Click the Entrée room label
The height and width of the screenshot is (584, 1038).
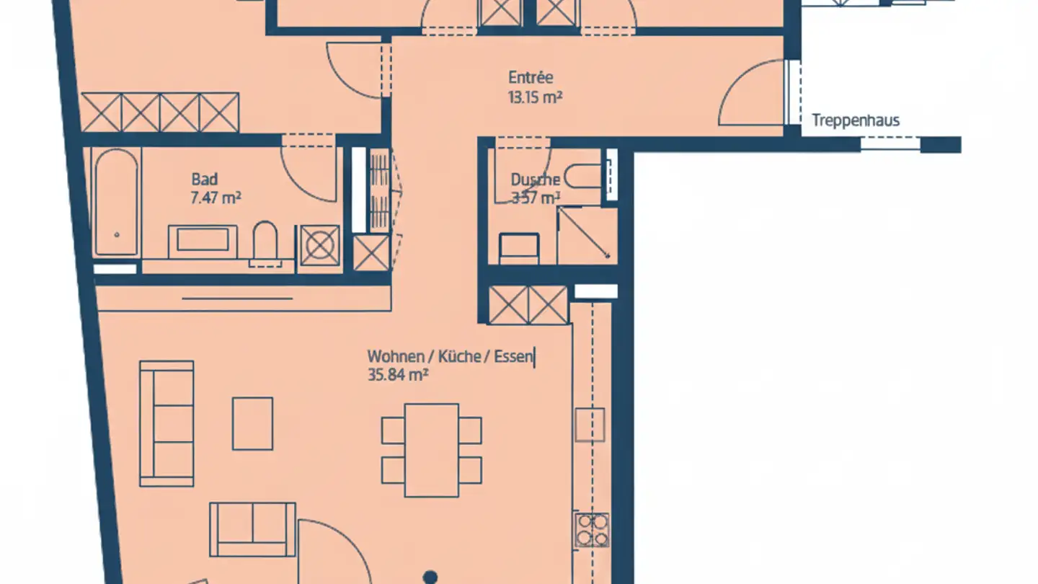click(x=531, y=77)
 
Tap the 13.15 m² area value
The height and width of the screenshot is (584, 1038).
click(x=535, y=97)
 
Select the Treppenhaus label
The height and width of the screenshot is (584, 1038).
click(x=856, y=120)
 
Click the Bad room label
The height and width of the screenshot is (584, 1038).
click(x=204, y=180)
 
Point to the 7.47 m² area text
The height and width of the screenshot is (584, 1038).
click(x=216, y=198)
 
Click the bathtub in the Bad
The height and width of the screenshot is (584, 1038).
click(x=115, y=202)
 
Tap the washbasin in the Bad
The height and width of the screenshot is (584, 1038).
click(x=203, y=240)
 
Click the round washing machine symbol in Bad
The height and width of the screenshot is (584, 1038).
click(x=320, y=246)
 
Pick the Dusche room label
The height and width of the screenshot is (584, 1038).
click(x=535, y=180)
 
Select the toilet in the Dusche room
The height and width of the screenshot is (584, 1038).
click(x=583, y=175)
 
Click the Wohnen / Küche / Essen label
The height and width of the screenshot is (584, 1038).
click(x=451, y=356)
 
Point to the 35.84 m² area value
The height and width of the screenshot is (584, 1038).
click(x=398, y=375)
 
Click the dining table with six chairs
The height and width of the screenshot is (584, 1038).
click(x=432, y=450)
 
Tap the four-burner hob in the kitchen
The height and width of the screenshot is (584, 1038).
click(x=592, y=530)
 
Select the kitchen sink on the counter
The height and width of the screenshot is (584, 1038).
click(x=590, y=425)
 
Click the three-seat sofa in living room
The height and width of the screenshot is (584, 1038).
click(x=167, y=423)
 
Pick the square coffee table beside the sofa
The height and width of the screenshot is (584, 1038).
click(x=252, y=423)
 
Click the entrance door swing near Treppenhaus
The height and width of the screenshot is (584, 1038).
click(x=751, y=97)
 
